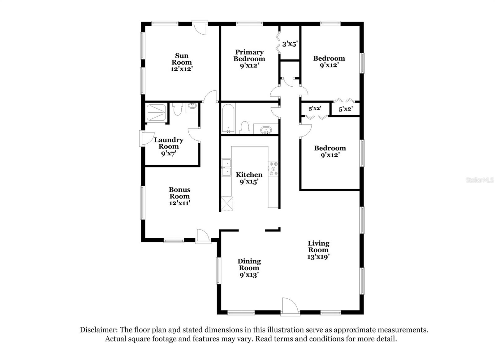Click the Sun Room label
click(x=182, y=62)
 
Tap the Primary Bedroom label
click(x=249, y=59)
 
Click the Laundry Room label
click(x=169, y=146)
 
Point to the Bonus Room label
click(x=179, y=196)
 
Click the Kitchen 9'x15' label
click(x=249, y=178)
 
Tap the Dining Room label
click(x=249, y=268)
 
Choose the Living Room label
click(x=318, y=250)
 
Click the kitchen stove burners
click(x=273, y=168)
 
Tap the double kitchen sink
click(x=226, y=167)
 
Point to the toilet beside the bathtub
click(x=245, y=128)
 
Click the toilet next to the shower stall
click(x=178, y=109)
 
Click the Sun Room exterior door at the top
click(x=200, y=27)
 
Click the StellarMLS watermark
click(x=480, y=180)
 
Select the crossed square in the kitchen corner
click(x=227, y=204)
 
